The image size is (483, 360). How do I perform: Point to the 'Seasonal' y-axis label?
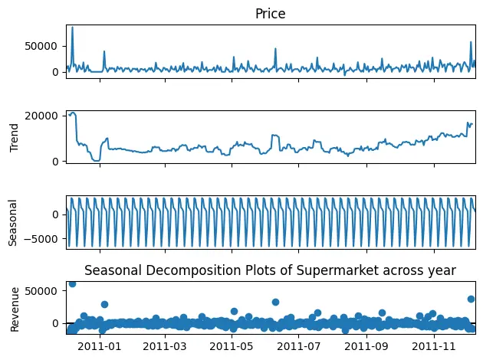pos(12,222)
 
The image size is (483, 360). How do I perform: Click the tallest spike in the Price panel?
pos(72,28)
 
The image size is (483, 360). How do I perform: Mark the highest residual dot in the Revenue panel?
pos(72,283)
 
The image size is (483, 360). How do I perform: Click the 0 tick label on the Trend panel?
pos(58,161)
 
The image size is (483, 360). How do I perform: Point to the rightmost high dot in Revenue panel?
pos(471,299)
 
